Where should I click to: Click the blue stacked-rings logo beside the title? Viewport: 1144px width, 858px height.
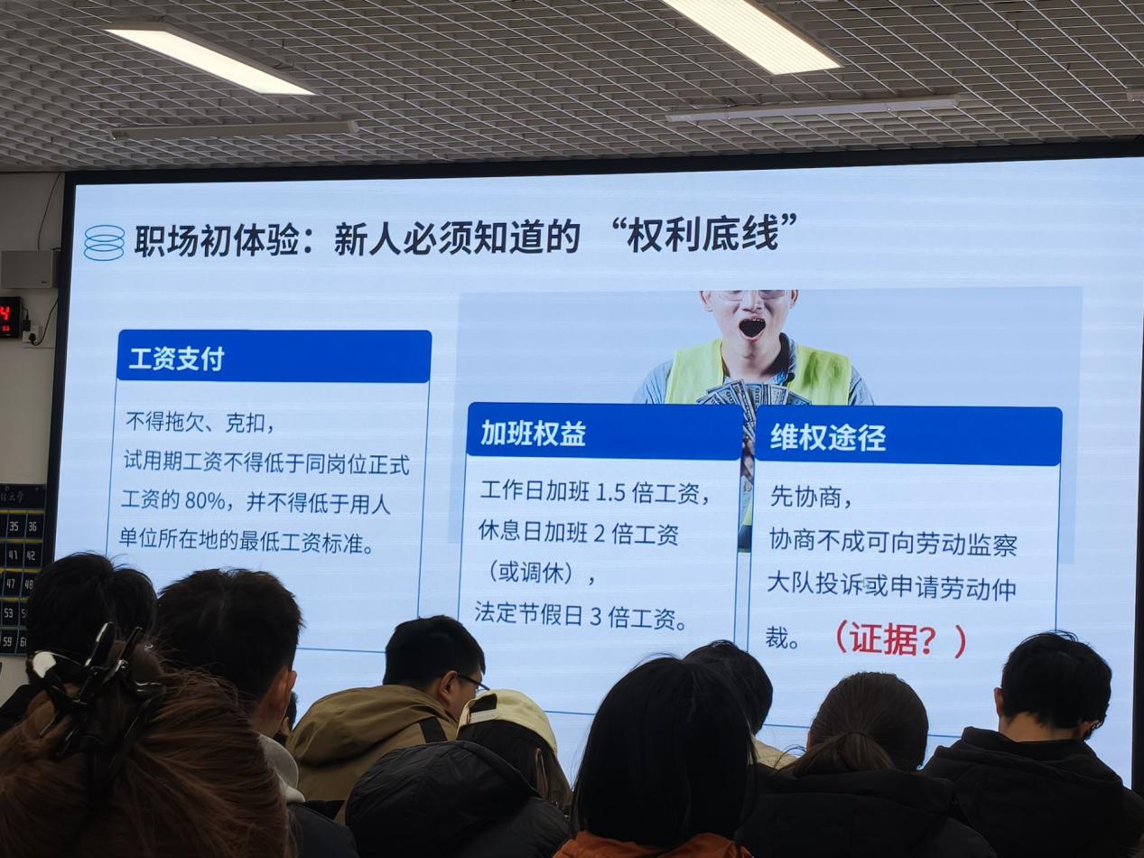(104, 242)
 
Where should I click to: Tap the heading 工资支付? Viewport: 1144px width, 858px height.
(177, 359)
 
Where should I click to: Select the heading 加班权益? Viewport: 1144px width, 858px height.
(533, 433)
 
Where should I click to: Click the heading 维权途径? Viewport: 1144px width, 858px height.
(828, 437)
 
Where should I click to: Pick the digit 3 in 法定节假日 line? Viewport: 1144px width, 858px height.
(596, 617)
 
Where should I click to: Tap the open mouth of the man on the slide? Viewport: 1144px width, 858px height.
(752, 328)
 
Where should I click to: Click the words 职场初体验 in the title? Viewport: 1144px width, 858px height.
(218, 240)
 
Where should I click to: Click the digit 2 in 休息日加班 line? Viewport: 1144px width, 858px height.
(599, 535)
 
